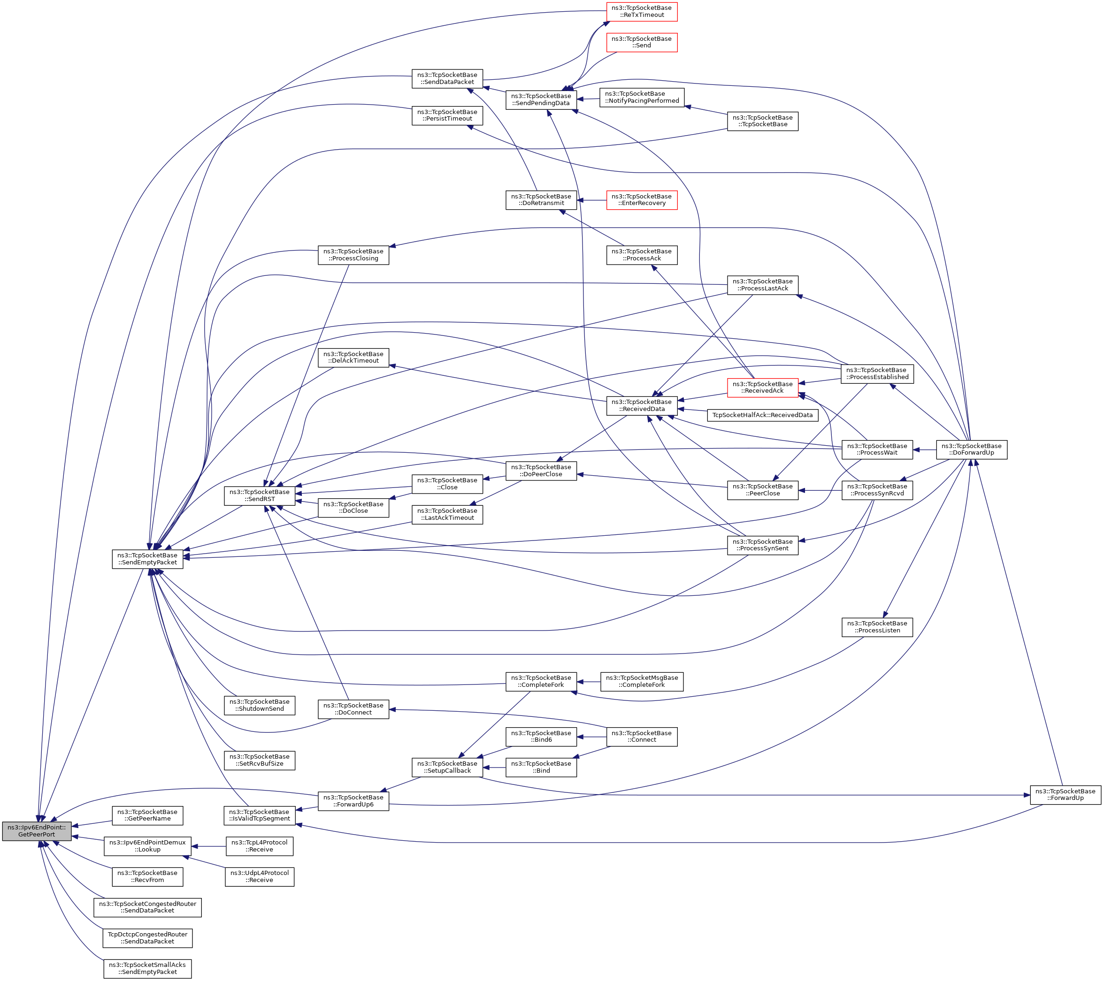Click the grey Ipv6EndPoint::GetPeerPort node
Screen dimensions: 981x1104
click(x=37, y=831)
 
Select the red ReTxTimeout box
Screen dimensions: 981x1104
click(x=642, y=11)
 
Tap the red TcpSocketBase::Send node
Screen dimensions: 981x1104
click(x=642, y=42)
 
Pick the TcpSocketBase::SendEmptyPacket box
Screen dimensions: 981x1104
click(x=147, y=559)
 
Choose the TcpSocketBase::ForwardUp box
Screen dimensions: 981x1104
click(x=1065, y=795)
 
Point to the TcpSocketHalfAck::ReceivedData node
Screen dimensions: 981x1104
click(x=762, y=415)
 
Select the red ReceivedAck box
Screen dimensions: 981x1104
click(x=762, y=387)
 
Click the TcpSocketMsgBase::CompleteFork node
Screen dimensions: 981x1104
click(x=642, y=681)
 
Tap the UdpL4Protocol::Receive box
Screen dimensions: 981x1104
click(x=259, y=876)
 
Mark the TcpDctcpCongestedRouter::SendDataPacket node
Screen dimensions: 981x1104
click(x=147, y=938)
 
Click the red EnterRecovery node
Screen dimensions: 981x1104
click(x=642, y=200)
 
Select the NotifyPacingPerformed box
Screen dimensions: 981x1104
click(x=642, y=97)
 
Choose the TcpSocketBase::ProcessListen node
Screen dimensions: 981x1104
click(x=877, y=627)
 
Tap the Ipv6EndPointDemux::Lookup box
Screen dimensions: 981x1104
click(x=147, y=846)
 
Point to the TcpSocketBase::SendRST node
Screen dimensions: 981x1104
click(x=259, y=495)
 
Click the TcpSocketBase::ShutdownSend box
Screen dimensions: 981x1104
click(x=259, y=705)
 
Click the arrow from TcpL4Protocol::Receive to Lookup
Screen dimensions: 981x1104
click(x=208, y=846)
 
